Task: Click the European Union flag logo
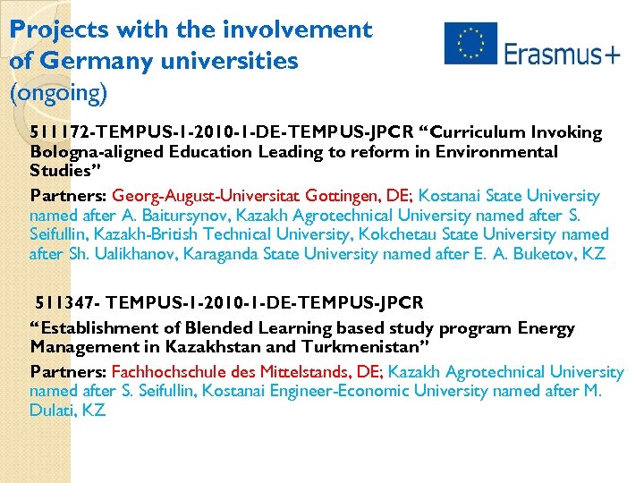470,44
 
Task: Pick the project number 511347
64,303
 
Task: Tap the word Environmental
503,152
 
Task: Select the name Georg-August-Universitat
207,196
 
